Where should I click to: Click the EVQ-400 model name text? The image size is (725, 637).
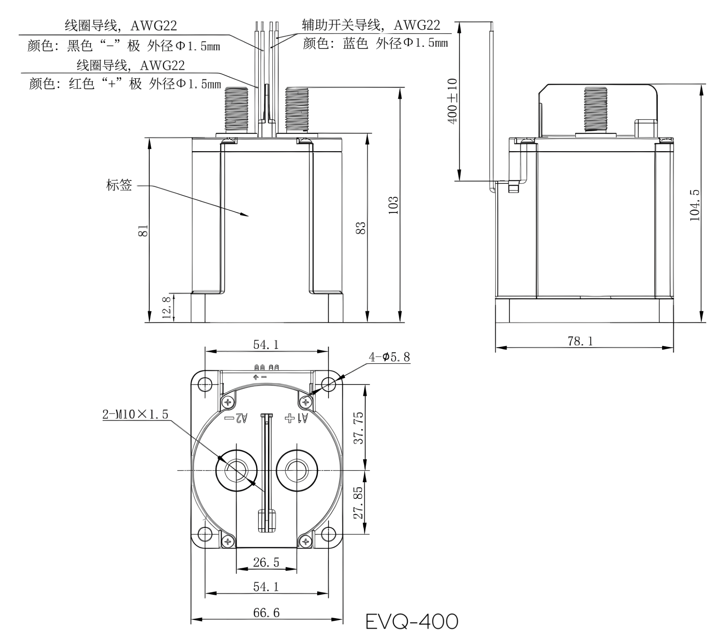[x=411, y=621]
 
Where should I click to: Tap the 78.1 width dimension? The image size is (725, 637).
[x=580, y=341]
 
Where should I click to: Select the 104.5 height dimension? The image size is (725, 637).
[x=694, y=205]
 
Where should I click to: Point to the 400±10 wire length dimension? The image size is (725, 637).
[x=453, y=102]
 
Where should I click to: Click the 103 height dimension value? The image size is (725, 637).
[x=393, y=205]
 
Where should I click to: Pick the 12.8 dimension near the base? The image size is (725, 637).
[x=167, y=307]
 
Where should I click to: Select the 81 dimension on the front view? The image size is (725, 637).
[x=143, y=231]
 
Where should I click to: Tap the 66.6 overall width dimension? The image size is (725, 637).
[x=266, y=612]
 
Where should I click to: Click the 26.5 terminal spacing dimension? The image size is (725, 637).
[x=266, y=562]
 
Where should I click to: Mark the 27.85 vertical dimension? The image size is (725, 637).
[x=358, y=502]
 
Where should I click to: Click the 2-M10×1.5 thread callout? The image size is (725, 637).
[x=135, y=414]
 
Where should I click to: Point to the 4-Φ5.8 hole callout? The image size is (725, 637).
[x=390, y=357]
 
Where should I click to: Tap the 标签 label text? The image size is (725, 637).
[x=119, y=185]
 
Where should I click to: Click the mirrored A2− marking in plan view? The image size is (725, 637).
[x=236, y=418]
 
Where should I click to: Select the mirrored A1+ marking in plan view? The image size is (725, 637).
[x=297, y=418]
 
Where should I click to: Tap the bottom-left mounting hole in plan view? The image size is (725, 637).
[x=205, y=534]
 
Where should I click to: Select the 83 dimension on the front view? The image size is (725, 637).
[x=361, y=228]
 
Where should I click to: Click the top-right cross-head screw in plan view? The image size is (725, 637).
[x=306, y=402]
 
